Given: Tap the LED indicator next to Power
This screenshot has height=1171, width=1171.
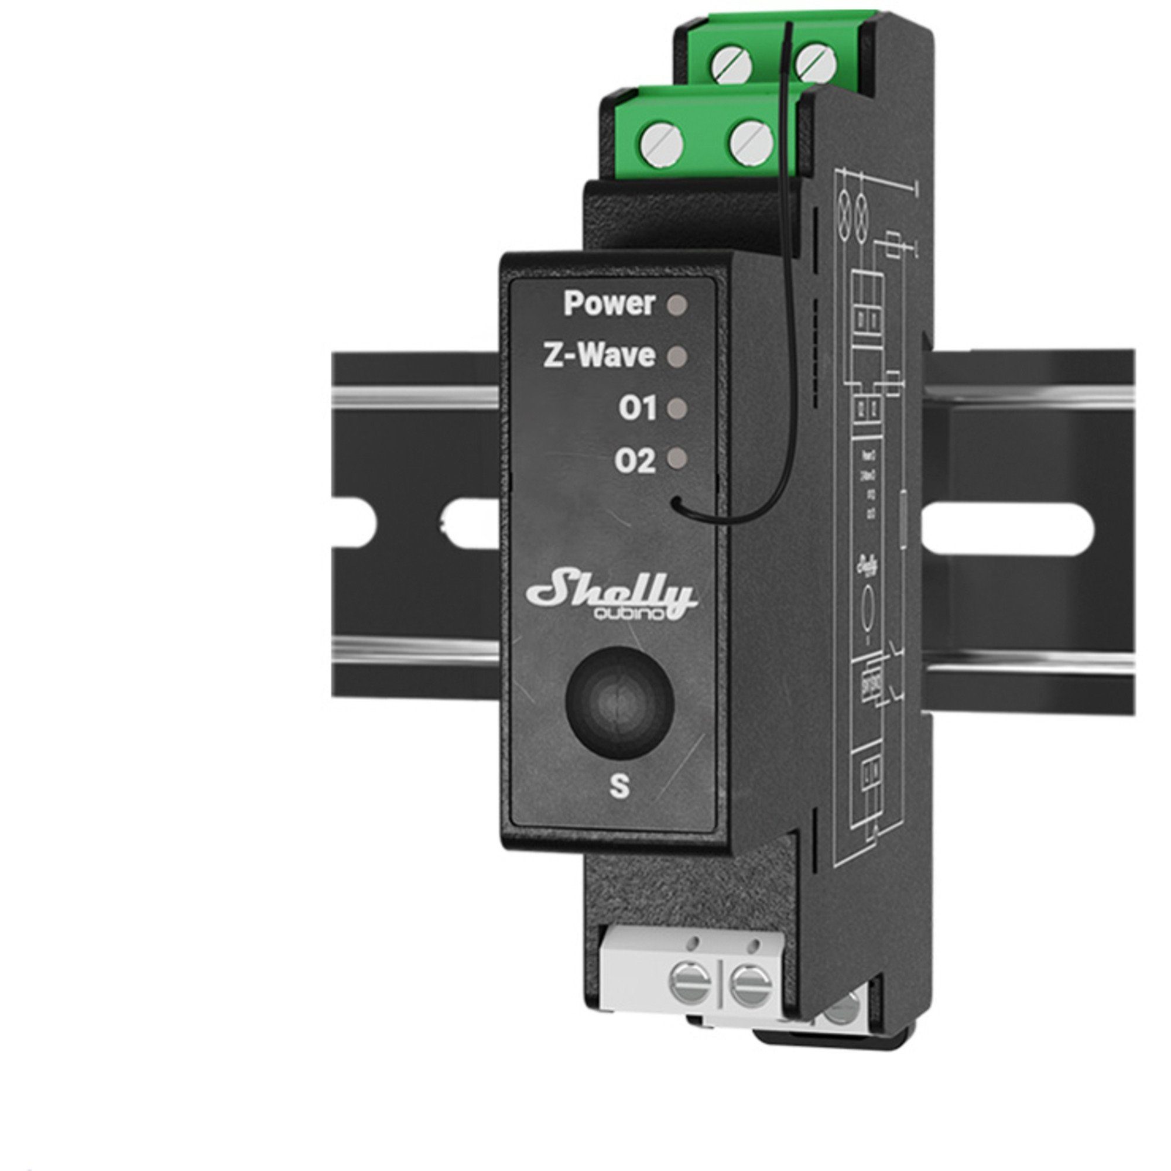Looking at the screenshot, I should coord(676,304).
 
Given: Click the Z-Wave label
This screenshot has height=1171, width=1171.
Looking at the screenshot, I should coord(599,357).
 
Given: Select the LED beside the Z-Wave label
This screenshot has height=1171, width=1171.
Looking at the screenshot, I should coord(676,357).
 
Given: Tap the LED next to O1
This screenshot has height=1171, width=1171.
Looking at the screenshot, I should coord(676,409).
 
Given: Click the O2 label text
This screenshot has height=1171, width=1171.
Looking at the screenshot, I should coord(635,462).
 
